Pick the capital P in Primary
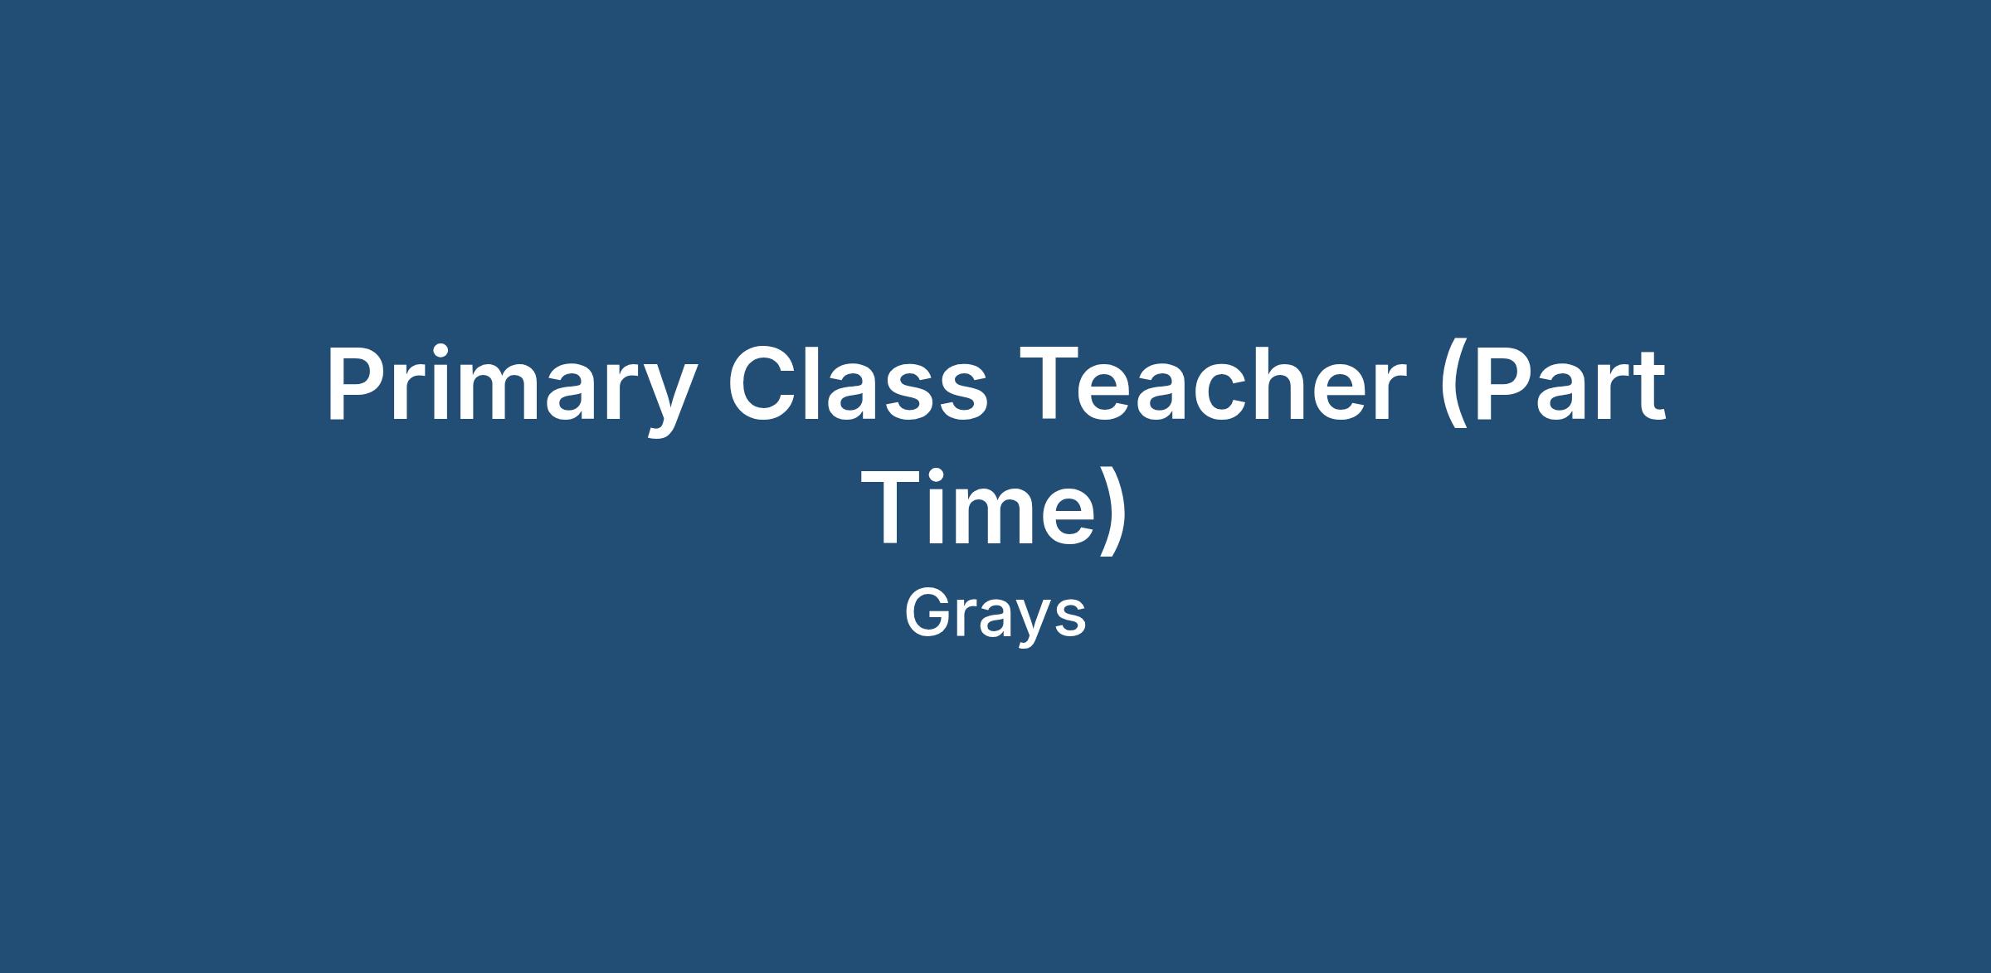[358, 383]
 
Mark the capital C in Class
[764, 383]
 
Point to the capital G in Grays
[930, 613]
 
